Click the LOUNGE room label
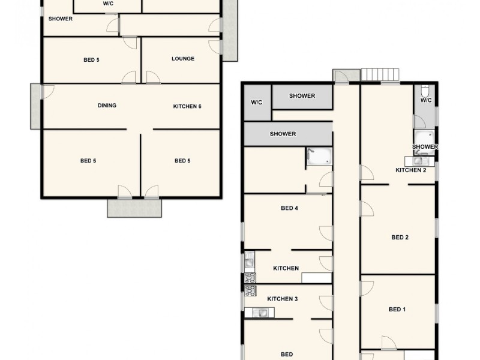(182, 59)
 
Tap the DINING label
(107, 106)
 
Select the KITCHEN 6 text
(187, 106)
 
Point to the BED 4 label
(289, 209)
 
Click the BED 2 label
(400, 238)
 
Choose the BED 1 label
(397, 310)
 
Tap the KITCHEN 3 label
(282, 299)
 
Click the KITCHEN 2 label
(411, 170)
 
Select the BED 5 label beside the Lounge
(91, 59)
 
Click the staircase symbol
(380, 74)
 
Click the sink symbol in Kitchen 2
(418, 160)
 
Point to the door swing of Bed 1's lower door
(388, 343)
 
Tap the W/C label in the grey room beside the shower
(257, 103)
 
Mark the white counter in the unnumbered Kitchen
(316, 278)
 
